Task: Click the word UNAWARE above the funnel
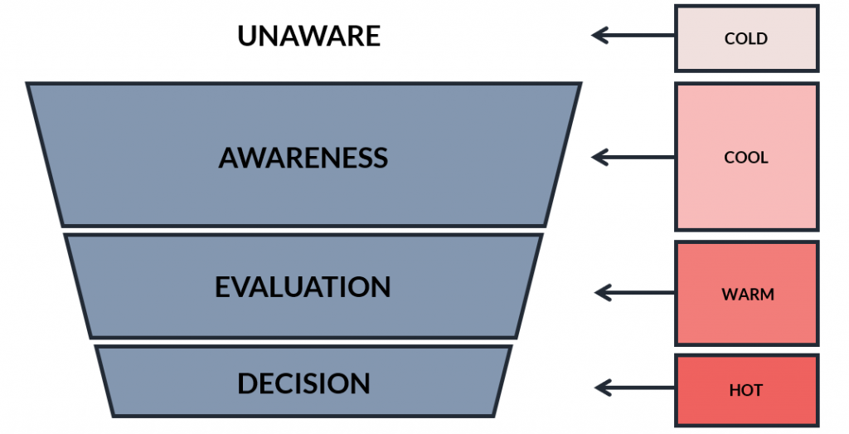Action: pyautogui.click(x=308, y=36)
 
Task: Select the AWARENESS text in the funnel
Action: pyautogui.click(x=303, y=158)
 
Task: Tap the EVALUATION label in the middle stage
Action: pyautogui.click(x=303, y=286)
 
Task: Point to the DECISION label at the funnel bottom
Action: pyautogui.click(x=303, y=383)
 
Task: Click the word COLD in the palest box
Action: pyautogui.click(x=746, y=38)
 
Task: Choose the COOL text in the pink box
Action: pyautogui.click(x=746, y=158)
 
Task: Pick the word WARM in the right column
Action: pyautogui.click(x=748, y=295)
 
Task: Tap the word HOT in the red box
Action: pyautogui.click(x=746, y=390)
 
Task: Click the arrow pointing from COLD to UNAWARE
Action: pyautogui.click(x=633, y=36)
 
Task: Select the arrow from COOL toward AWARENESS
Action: pyautogui.click(x=633, y=158)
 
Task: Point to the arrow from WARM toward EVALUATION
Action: pyautogui.click(x=634, y=293)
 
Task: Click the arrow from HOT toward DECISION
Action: pyautogui.click(x=634, y=388)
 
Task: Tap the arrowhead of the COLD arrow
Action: pyautogui.click(x=598, y=36)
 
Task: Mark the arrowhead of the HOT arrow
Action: pyautogui.click(x=600, y=388)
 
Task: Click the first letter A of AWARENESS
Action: pyautogui.click(x=230, y=158)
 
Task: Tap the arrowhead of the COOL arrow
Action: pyautogui.click(x=598, y=158)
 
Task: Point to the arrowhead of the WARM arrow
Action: pyautogui.click(x=600, y=293)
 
